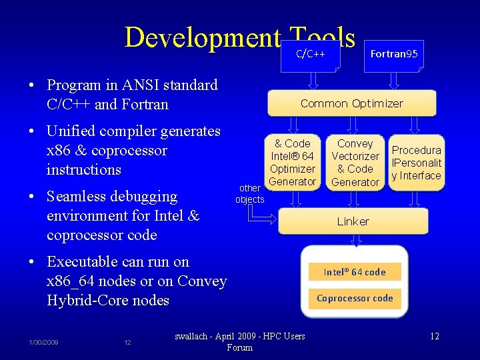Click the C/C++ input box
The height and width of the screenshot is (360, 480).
(x=311, y=53)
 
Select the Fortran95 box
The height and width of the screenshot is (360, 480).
(x=394, y=53)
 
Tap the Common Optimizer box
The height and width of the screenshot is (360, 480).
(x=351, y=103)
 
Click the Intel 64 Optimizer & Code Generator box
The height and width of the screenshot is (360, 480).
(x=293, y=162)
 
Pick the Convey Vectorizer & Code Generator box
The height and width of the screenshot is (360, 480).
(x=355, y=162)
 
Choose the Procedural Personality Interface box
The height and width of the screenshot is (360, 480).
(x=416, y=163)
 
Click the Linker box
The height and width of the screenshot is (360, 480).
(x=353, y=221)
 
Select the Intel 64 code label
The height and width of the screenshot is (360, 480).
(x=355, y=271)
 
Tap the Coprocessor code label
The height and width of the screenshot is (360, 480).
(x=355, y=298)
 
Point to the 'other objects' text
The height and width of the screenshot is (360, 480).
(x=250, y=193)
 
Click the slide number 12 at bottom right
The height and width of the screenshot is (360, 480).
(x=434, y=335)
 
